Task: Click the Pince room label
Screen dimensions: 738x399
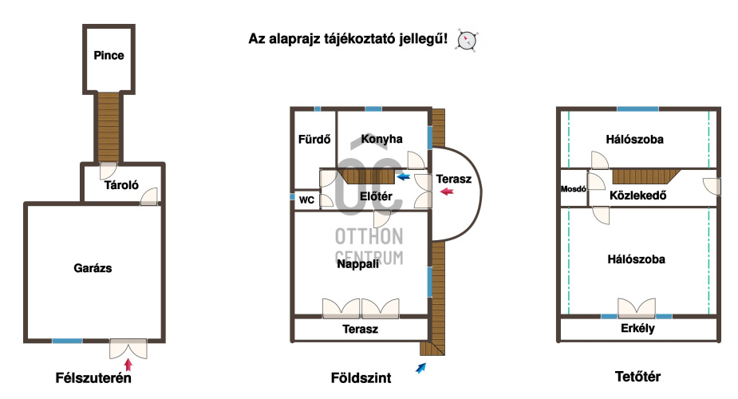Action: [109, 56]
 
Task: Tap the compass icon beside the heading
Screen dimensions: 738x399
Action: [467, 41]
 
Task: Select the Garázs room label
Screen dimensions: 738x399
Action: [93, 268]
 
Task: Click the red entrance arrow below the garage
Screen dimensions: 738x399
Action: [128, 365]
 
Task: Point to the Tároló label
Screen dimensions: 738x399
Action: [121, 185]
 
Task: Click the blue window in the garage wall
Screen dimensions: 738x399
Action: [67, 341]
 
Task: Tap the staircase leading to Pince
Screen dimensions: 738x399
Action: [109, 127]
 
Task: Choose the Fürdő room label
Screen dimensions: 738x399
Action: [314, 140]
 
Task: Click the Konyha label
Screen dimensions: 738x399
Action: [381, 139]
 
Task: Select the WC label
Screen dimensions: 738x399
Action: [306, 200]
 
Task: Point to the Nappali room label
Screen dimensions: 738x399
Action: [357, 264]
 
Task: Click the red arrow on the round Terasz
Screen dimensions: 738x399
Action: [447, 191]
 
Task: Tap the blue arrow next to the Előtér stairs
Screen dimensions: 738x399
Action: [404, 177]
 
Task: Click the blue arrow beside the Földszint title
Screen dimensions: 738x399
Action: [420, 368]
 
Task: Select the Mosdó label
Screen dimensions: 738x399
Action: [574, 188]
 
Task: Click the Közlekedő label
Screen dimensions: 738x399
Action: [637, 196]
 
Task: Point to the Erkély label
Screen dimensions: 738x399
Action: [637, 329]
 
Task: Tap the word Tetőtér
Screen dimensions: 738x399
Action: [637, 377]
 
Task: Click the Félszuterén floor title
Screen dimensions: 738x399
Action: [93, 377]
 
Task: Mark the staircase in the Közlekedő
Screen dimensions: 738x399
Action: [646, 176]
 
